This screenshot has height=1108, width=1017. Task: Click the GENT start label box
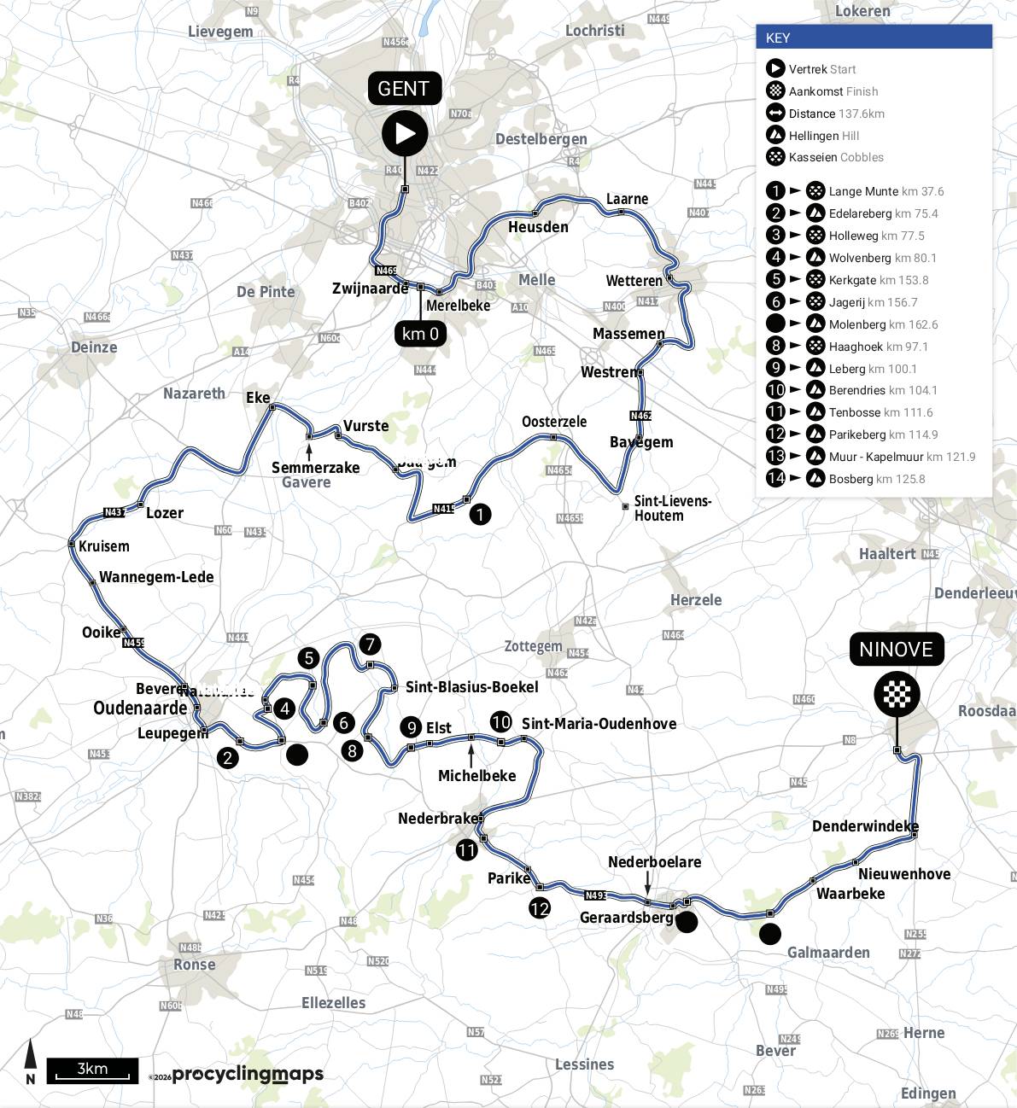[x=404, y=89]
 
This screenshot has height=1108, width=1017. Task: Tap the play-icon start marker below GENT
[x=405, y=133]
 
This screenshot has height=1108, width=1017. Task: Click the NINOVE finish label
[x=896, y=650]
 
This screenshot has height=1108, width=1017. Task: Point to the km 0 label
[x=420, y=333]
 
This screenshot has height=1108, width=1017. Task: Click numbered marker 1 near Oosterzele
[x=481, y=514]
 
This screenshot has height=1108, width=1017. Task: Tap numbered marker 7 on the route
[x=370, y=644]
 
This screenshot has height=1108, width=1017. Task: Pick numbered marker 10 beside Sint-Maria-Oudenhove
[x=500, y=722]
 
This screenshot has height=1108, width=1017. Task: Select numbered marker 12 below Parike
[x=539, y=908]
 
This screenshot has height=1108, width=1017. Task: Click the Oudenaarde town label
[x=140, y=709]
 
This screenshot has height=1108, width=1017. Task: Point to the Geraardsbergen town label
[x=627, y=918]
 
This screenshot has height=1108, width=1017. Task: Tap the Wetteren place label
[x=634, y=281]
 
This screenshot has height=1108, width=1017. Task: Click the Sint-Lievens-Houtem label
[x=672, y=508]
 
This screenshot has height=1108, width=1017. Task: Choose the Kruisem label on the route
[x=104, y=546]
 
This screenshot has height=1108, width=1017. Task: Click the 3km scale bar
[x=92, y=1070]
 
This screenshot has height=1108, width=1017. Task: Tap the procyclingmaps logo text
[x=248, y=1074]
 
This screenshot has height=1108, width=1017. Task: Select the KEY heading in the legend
[x=778, y=38]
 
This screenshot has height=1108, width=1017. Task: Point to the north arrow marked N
[x=31, y=1063]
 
